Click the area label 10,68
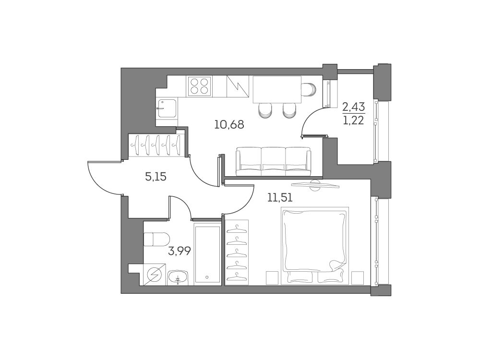(229, 125)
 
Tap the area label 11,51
(280, 198)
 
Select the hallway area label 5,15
(156, 177)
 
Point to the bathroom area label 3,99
(180, 251)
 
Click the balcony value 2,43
(354, 108)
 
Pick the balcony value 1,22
(354, 120)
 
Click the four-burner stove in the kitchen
(199, 86)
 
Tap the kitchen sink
(167, 108)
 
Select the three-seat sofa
(274, 161)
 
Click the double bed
(315, 246)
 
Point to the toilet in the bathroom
(156, 239)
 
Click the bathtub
(207, 254)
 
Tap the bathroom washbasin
(178, 277)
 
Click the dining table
(277, 89)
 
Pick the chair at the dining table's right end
(309, 89)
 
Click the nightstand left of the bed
(272, 278)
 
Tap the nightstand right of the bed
(358, 278)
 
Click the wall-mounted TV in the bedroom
(316, 185)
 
